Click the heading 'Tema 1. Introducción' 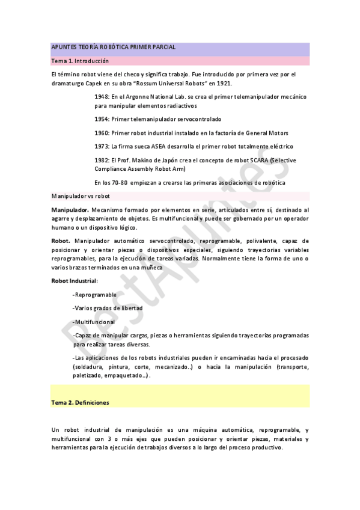(x=79, y=61)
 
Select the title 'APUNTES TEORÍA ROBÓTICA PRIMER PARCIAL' (x=114, y=48)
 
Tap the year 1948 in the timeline (x=102, y=96)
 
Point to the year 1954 (x=102, y=118)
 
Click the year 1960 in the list (x=102, y=133)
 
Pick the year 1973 (x=102, y=147)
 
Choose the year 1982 (x=102, y=161)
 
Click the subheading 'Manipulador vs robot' (x=80, y=196)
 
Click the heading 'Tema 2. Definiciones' (x=80, y=402)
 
